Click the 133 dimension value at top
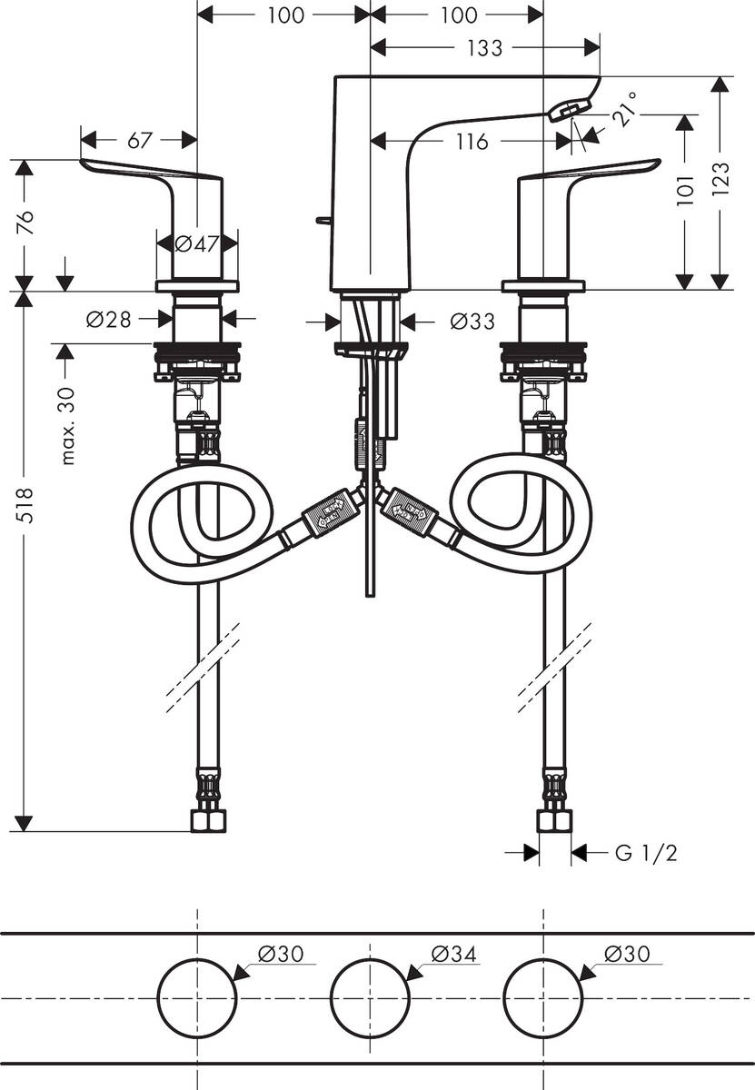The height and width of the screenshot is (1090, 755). [485, 48]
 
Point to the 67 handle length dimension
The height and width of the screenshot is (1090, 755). [139, 140]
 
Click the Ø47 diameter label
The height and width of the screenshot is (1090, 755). [196, 243]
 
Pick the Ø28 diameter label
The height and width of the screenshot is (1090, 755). [108, 319]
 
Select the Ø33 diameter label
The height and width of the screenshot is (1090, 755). [472, 322]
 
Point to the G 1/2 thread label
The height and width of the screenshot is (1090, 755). [646, 853]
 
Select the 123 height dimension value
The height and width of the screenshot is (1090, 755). [720, 183]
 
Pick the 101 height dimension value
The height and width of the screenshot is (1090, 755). [686, 192]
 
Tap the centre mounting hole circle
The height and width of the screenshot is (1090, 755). [370, 997]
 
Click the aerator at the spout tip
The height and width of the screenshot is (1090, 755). [563, 111]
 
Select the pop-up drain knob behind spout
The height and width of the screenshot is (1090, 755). [323, 220]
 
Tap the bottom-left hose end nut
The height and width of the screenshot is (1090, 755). [208, 821]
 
